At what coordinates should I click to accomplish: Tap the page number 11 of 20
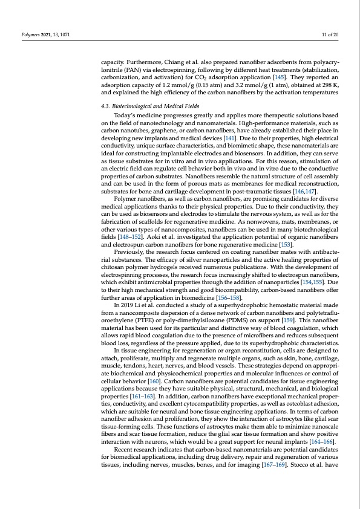click(x=330, y=34)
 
